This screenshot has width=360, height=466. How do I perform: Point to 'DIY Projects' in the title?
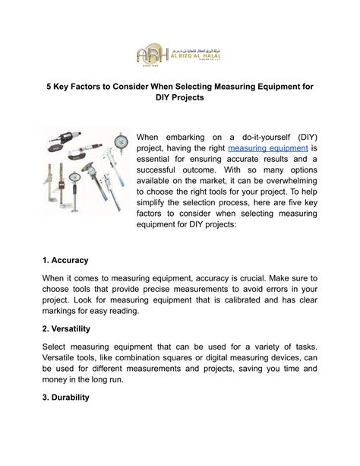click(179, 100)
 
